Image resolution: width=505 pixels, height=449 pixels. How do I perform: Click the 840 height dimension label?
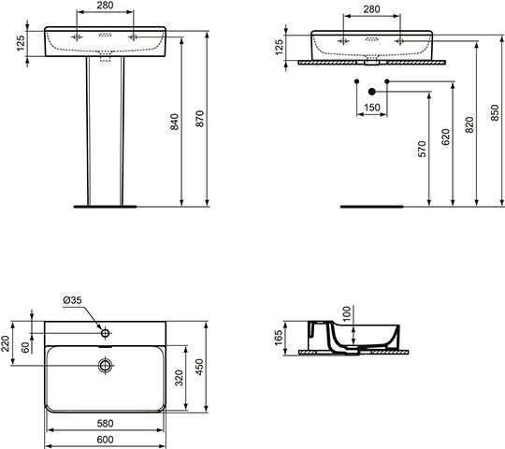click(x=174, y=122)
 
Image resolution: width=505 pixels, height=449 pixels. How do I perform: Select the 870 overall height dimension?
click(x=200, y=119)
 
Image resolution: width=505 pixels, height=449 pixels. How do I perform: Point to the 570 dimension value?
click(x=422, y=149)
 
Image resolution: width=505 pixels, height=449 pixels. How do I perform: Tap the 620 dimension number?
click(x=446, y=137)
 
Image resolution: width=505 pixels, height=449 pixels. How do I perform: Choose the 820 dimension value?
click(x=469, y=125)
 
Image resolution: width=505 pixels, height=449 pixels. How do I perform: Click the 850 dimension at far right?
click(x=495, y=112)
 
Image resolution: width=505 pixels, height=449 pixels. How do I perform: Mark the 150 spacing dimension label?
click(x=372, y=108)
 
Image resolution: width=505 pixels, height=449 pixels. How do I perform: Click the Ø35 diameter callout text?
click(x=72, y=300)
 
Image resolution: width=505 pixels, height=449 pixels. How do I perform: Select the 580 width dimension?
click(x=106, y=423)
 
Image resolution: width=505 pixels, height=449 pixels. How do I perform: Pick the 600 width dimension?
click(x=106, y=440)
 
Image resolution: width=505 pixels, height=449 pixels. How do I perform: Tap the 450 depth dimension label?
click(x=200, y=368)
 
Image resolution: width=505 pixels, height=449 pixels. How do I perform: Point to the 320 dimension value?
click(x=179, y=378)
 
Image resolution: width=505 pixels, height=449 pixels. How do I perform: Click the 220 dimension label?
click(x=6, y=343)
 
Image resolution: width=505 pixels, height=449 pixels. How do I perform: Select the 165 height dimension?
click(x=279, y=338)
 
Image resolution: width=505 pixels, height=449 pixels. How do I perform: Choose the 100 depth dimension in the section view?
click(x=347, y=314)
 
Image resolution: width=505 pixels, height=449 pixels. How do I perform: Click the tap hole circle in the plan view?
click(x=106, y=333)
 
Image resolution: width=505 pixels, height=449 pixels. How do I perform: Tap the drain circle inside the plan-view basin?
click(x=106, y=365)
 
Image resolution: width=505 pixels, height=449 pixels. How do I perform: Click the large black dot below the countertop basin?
click(x=372, y=92)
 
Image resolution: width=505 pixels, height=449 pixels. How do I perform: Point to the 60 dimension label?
click(x=26, y=347)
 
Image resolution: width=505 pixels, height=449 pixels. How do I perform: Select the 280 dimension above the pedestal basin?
click(x=105, y=6)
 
